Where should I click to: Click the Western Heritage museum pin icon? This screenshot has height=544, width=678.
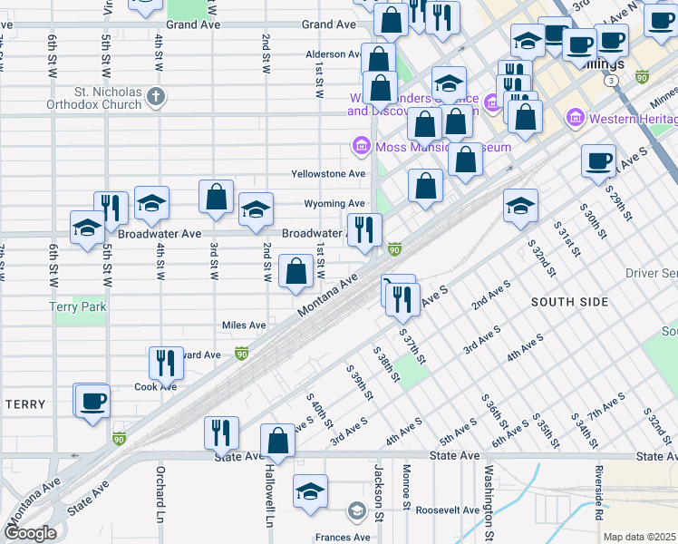pyautogui.click(x=573, y=119)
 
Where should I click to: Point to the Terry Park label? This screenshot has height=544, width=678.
pyautogui.click(x=78, y=306)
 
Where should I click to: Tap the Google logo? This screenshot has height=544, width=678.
pyautogui.click(x=30, y=533)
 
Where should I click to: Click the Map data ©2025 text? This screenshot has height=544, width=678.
pyautogui.click(x=638, y=537)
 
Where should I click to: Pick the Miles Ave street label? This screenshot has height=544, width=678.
pyautogui.click(x=244, y=325)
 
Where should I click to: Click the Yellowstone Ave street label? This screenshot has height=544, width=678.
pyautogui.click(x=328, y=173)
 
